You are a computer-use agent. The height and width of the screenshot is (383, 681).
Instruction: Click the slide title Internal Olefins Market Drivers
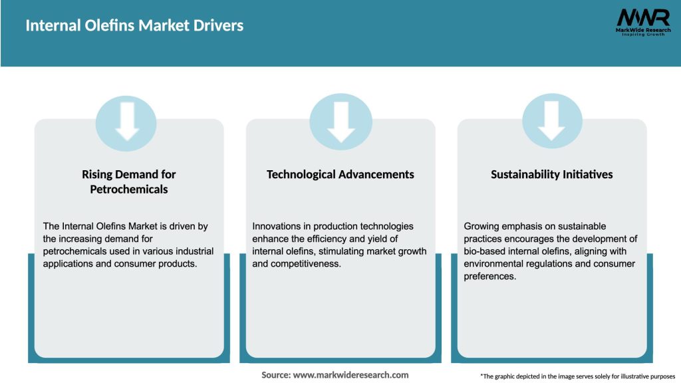pyautogui.click(x=134, y=26)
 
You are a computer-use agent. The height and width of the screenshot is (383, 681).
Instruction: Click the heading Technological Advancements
pyautogui.click(x=340, y=174)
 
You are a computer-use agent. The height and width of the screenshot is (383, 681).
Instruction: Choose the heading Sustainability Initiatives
pyautogui.click(x=551, y=174)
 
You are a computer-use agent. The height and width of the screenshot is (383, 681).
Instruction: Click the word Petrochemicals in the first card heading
pyautogui.click(x=129, y=190)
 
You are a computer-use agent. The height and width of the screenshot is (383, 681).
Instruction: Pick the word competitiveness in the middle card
pyautogui.click(x=309, y=264)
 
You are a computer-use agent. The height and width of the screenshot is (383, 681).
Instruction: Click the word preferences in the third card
pyautogui.click(x=489, y=277)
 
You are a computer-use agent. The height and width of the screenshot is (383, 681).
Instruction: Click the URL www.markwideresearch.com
pyautogui.click(x=350, y=375)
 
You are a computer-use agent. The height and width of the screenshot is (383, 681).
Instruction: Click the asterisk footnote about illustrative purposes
pyautogui.click(x=577, y=376)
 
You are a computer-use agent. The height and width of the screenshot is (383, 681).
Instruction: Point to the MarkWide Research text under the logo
pyautogui.click(x=642, y=30)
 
